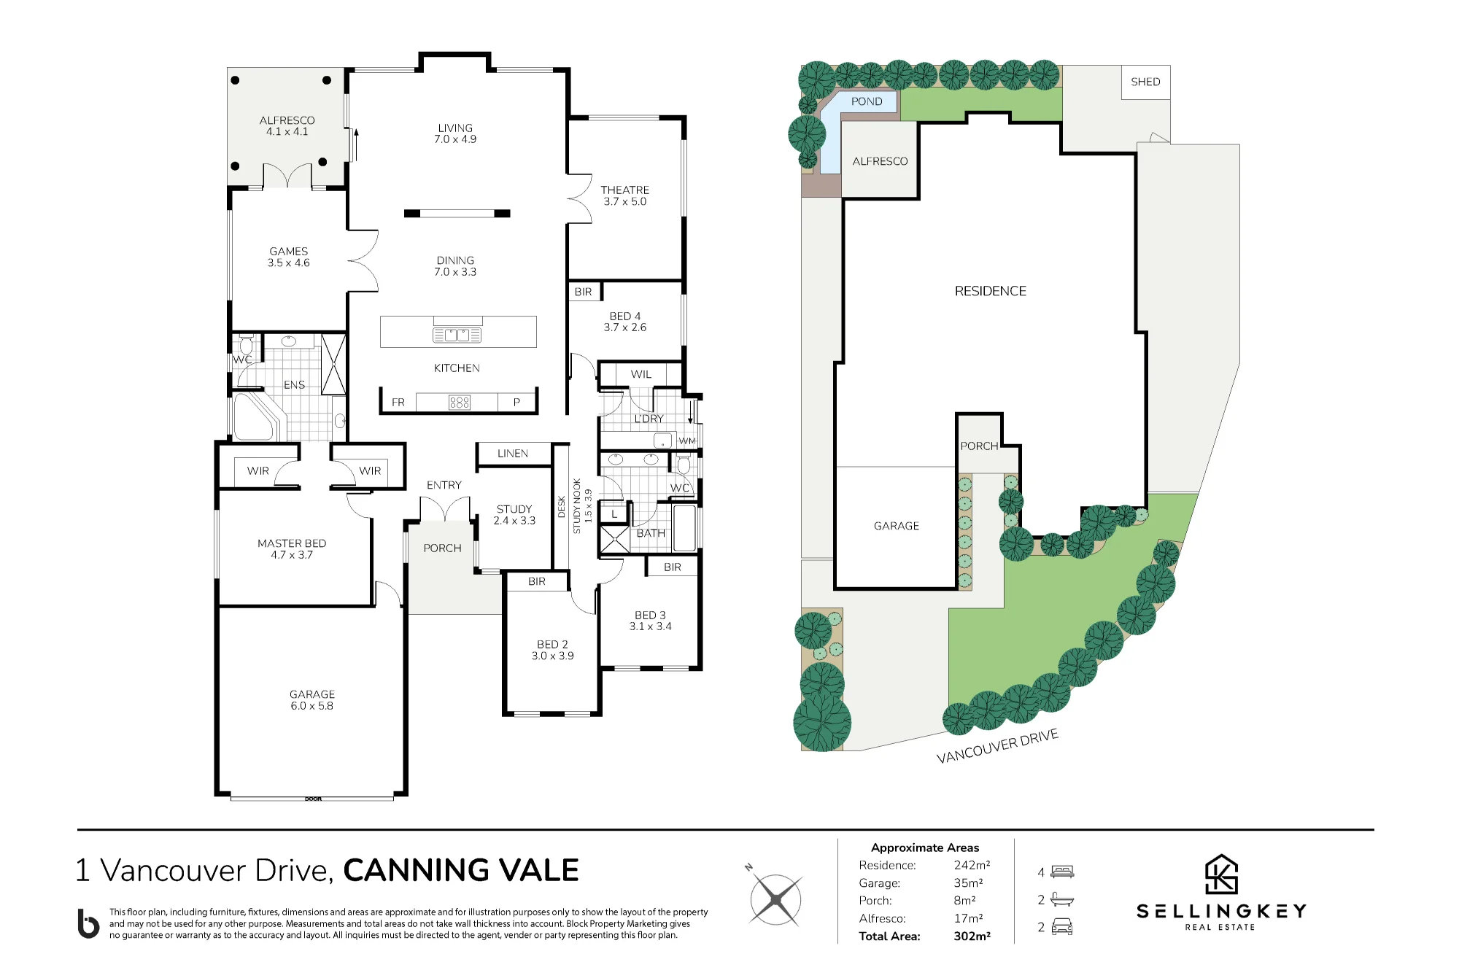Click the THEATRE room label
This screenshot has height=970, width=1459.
[x=624, y=190]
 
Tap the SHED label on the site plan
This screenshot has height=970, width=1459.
[x=1145, y=82]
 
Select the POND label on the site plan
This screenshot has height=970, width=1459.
[x=867, y=101]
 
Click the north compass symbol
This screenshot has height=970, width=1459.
[x=775, y=898]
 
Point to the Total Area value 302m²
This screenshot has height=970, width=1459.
[x=972, y=936]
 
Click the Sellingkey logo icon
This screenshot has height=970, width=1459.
[x=1221, y=874]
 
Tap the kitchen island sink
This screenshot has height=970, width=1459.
[x=457, y=335]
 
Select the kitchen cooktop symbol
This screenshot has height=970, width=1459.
[x=460, y=403]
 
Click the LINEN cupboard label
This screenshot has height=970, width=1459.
[x=512, y=454]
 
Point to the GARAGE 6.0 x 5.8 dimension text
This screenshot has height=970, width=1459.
[x=311, y=706]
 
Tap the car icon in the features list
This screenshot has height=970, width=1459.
[x=1062, y=927]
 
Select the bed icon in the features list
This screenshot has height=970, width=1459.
[x=1062, y=872]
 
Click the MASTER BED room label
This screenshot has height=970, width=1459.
[x=292, y=543]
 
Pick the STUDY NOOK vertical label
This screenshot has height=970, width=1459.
[x=576, y=506]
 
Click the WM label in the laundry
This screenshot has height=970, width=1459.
[x=687, y=441]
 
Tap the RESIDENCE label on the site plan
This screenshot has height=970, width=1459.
[x=990, y=291]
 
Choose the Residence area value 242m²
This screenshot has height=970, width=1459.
[x=972, y=865]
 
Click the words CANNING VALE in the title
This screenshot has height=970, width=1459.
[x=461, y=870]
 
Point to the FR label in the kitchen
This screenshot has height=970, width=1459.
[x=398, y=402]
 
